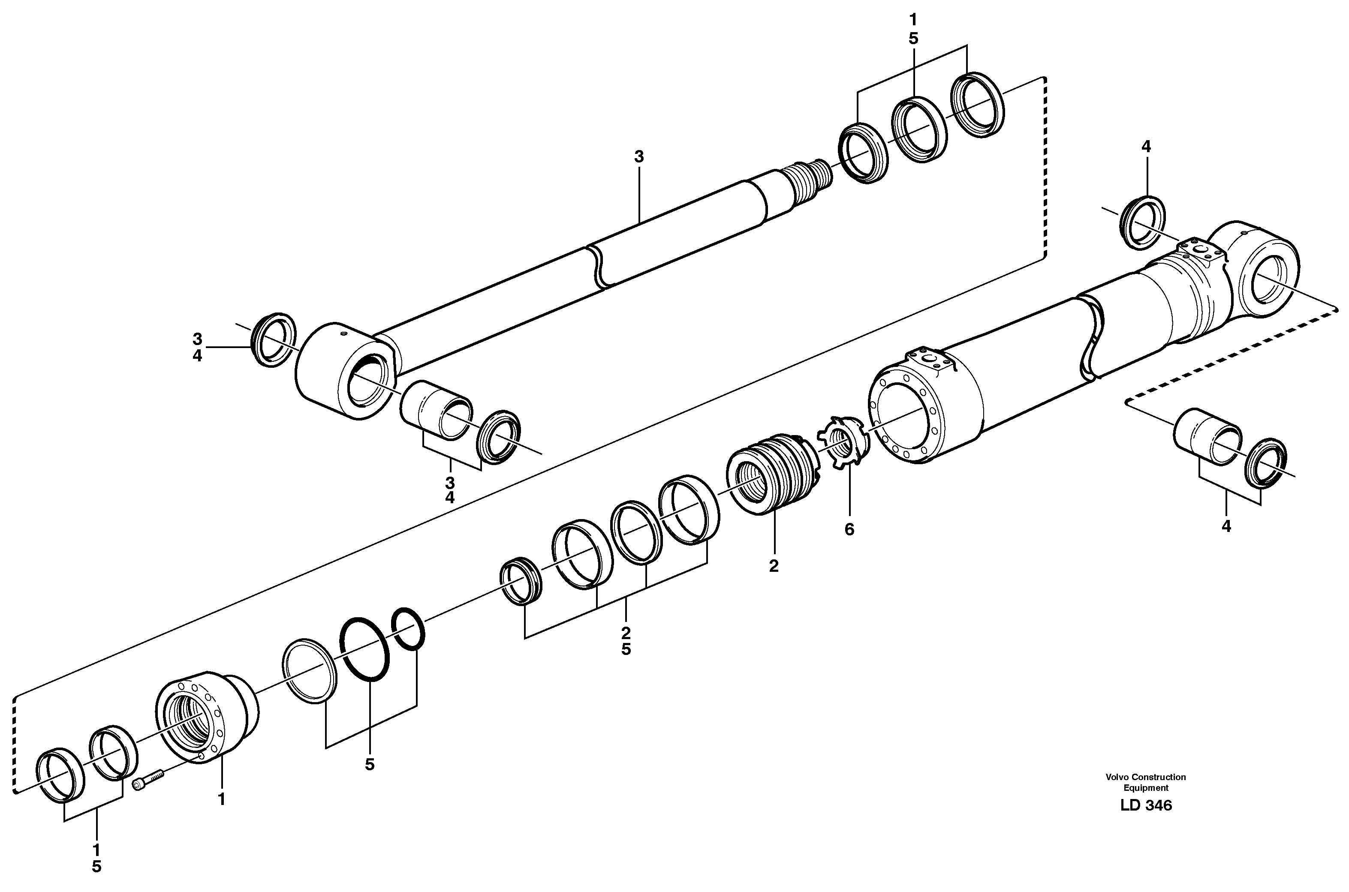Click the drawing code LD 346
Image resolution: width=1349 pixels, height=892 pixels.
[x=1145, y=805]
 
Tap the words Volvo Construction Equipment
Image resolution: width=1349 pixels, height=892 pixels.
[x=1145, y=782]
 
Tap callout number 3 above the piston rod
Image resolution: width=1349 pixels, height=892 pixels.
[x=638, y=157]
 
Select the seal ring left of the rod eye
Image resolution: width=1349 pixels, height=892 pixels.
[x=274, y=339]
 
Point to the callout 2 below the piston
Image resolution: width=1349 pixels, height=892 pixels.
[x=773, y=566]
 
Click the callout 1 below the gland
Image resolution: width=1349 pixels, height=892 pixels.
[x=221, y=800]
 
